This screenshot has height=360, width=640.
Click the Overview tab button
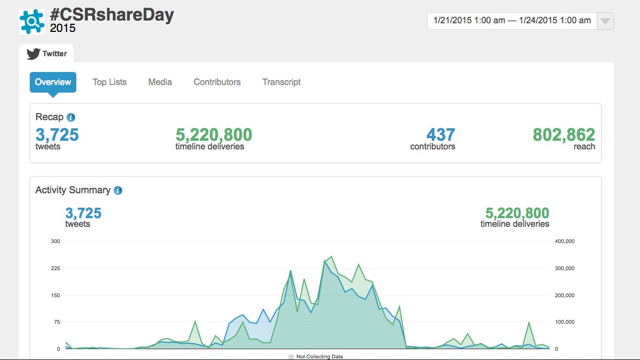pyautogui.click(x=52, y=82)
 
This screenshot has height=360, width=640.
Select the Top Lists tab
pyautogui.click(x=109, y=82)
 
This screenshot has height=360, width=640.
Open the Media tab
pyautogui.click(x=160, y=82)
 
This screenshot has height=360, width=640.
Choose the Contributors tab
pyautogui.click(x=217, y=82)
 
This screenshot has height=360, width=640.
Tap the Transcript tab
pyautogui.click(x=282, y=82)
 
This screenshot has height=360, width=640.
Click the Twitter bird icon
pyautogui.click(x=34, y=54)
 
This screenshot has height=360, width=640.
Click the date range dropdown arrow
pyautogui.click(x=605, y=21)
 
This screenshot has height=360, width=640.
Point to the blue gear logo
pyautogui.click(x=32, y=22)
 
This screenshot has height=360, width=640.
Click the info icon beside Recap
pyautogui.click(x=71, y=117)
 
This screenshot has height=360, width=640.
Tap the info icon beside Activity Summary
pyautogui.click(x=118, y=191)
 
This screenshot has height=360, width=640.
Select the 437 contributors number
pyautogui.click(x=441, y=135)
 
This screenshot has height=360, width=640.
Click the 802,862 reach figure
pyautogui.click(x=564, y=135)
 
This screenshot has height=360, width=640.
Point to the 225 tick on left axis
pyautogui.click(x=56, y=269)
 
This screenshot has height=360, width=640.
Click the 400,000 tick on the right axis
pyautogui.click(x=564, y=241)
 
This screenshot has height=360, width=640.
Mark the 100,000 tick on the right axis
pyautogui.click(x=564, y=322)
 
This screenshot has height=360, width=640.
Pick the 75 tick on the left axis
pyautogui.click(x=57, y=322)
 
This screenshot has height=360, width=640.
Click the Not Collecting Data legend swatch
pyautogui.click(x=291, y=357)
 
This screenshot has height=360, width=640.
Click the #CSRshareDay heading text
pyautogui.click(x=112, y=15)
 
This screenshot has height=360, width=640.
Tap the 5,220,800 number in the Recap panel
pyautogui.click(x=214, y=135)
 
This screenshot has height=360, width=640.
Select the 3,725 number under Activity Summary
pyautogui.click(x=83, y=213)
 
